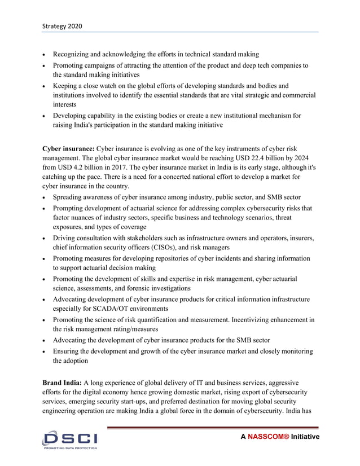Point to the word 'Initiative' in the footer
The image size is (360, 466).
coord(305,437)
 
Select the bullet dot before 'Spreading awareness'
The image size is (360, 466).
coord(45,197)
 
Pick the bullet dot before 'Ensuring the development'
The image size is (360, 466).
coord(45,351)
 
